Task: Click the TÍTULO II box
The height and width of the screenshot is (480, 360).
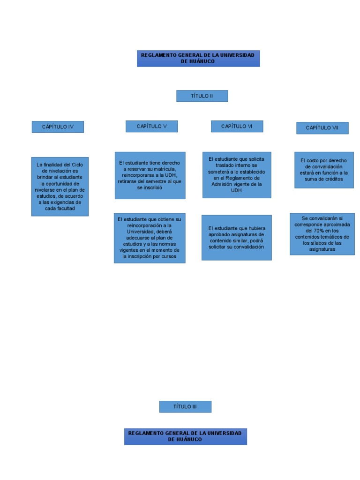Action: [x=202, y=96]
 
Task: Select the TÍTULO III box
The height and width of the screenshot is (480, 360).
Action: [x=185, y=406]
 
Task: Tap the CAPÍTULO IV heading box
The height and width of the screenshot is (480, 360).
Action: [x=58, y=127]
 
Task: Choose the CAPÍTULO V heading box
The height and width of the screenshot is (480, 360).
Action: [x=151, y=126]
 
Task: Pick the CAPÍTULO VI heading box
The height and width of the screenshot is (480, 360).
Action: [x=237, y=126]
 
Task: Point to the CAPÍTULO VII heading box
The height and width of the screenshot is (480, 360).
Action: [x=322, y=127]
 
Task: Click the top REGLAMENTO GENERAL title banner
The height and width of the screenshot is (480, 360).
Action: [x=198, y=59]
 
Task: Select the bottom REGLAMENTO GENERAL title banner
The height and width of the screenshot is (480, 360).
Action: [x=185, y=436]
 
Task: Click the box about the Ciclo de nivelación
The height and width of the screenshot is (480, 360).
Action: [x=60, y=187]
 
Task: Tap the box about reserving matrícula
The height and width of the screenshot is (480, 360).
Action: [x=150, y=175]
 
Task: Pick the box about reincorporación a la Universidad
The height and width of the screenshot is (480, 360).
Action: [x=150, y=238]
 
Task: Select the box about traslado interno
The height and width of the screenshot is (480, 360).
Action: [x=237, y=174]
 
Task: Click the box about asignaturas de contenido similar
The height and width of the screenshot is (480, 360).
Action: [x=237, y=237]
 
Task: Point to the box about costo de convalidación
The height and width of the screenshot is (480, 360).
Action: [x=324, y=170]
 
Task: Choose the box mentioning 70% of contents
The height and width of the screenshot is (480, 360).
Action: [x=322, y=233]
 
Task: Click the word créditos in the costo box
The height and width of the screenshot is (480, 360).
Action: [x=332, y=179]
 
